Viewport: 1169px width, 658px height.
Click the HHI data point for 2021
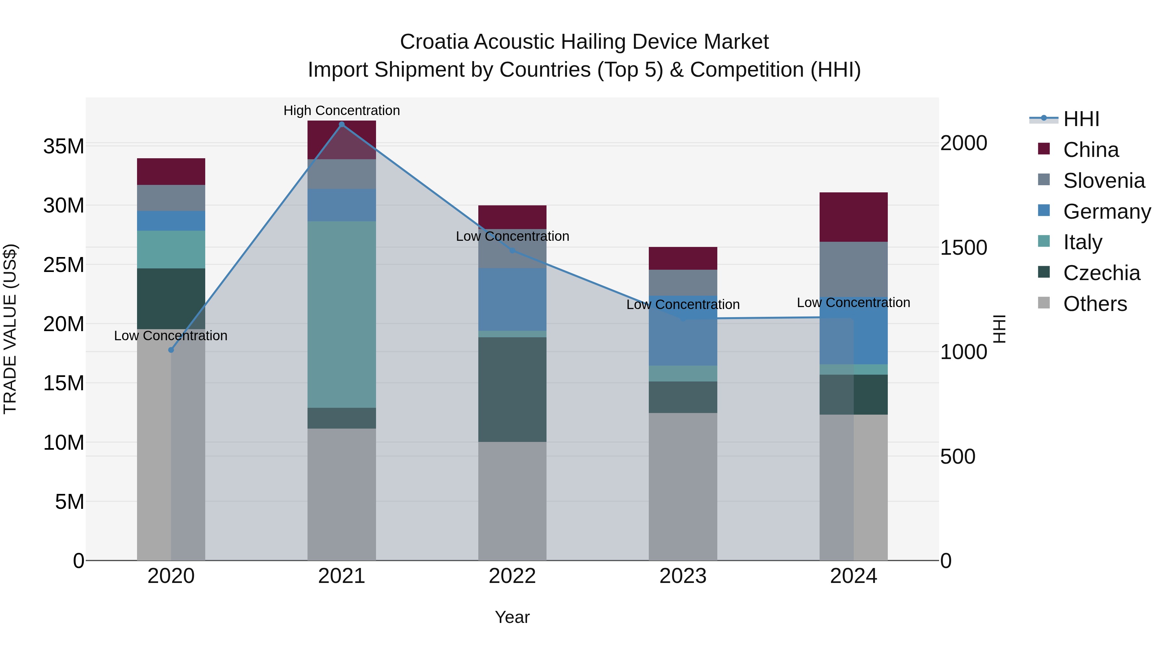pos(342,124)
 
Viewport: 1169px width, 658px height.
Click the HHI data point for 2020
pos(171,350)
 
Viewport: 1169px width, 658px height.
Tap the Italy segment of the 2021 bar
pos(342,314)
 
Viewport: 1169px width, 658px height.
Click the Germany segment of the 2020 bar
pos(171,221)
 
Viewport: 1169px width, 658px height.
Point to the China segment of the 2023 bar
pos(683,258)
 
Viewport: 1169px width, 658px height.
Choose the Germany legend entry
pos(1106,212)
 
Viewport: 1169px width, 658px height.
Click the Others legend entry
pos(1095,304)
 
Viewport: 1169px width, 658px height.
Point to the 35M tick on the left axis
pos(64,147)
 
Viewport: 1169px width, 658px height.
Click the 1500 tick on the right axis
pos(963,248)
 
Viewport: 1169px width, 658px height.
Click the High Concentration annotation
pos(342,110)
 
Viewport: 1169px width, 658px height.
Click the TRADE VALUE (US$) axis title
pos(10,329)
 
